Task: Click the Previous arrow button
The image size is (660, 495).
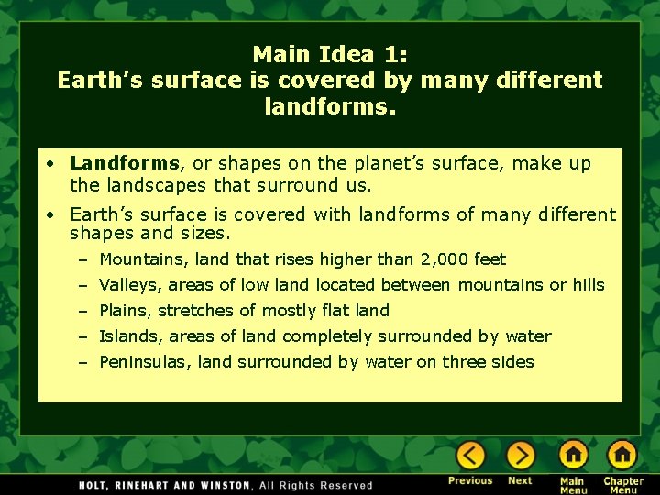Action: (x=471, y=456)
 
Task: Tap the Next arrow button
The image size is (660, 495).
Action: (x=520, y=456)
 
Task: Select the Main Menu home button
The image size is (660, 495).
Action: (x=573, y=456)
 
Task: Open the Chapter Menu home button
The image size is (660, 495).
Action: (x=622, y=456)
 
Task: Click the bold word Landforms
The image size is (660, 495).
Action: (x=125, y=164)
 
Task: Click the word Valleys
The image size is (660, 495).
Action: (x=129, y=285)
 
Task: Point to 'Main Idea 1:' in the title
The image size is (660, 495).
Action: (x=330, y=54)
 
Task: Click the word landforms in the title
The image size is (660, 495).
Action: (x=324, y=107)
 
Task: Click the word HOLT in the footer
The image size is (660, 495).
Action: (x=98, y=485)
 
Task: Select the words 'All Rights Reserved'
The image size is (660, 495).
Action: (x=316, y=485)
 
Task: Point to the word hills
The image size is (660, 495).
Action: (x=588, y=285)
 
